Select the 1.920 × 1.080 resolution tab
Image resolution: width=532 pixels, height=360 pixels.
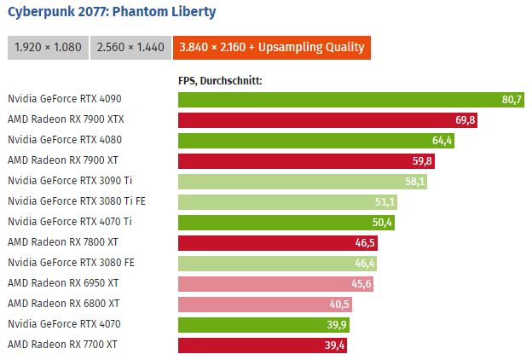(x=47, y=48)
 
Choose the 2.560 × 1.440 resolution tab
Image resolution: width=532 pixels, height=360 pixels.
(x=130, y=48)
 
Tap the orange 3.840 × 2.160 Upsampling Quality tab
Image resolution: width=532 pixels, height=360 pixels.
(x=271, y=48)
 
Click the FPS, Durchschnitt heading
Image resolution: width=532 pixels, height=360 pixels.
(x=219, y=81)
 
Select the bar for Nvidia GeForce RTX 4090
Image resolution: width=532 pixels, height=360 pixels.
(x=341, y=100)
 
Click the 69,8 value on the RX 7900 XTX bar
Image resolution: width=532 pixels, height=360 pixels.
(x=465, y=120)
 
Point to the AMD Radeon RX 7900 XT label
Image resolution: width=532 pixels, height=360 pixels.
(x=63, y=161)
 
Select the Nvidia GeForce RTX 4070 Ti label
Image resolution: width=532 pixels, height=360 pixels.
(x=69, y=222)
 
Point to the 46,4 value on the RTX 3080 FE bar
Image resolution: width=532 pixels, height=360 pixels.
(x=365, y=263)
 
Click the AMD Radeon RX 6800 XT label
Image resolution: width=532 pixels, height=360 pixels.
(x=63, y=304)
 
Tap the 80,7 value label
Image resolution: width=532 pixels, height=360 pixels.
(x=512, y=100)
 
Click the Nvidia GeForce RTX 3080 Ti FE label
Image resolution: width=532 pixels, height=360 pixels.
(x=74, y=201)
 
